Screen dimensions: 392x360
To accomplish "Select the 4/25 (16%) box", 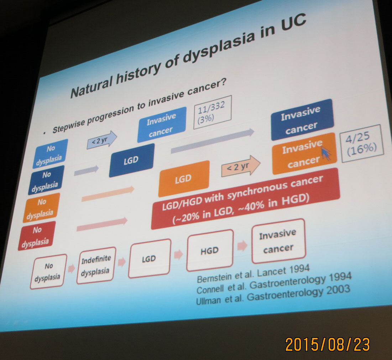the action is point(362,143).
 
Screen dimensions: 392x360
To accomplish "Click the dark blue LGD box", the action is point(132,160).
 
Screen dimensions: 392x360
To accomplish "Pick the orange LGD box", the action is point(184,178).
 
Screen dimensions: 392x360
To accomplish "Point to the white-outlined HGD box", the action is point(210,250).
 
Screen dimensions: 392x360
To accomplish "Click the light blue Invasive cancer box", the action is point(162,124).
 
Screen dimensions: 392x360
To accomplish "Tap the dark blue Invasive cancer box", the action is point(302,120).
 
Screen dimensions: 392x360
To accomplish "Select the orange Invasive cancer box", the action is point(304,153).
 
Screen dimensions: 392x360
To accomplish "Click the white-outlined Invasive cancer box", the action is point(278,241).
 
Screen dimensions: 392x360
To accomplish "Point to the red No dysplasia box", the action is point(37,236).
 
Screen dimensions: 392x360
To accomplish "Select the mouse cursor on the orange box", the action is point(326,153).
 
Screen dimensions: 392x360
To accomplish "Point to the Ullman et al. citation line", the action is point(273,295).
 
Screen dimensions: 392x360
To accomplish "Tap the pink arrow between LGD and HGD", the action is point(178,255).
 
